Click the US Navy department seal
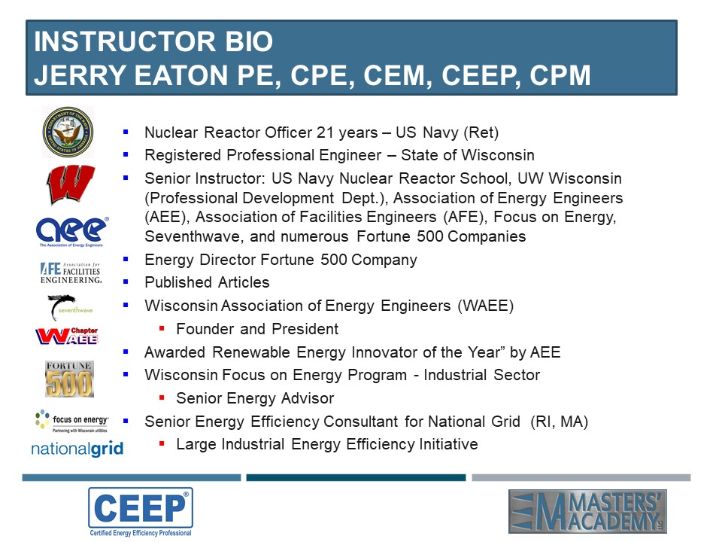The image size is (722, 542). tap(68, 132)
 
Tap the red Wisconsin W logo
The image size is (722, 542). tap(71, 184)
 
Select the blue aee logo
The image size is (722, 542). tap(72, 232)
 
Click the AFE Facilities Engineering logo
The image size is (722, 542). tap(71, 273)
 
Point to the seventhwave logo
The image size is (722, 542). tap(70, 307)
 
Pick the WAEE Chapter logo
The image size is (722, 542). tap(67, 336)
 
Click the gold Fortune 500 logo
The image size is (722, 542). tap(69, 379)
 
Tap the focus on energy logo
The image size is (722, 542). tap(72, 421)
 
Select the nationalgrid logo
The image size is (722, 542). tap(77, 449)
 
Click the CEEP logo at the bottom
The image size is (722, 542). tap(141, 512)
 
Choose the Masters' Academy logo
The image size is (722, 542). tap(587, 512)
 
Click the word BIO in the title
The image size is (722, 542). tap(249, 41)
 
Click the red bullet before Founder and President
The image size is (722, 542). tap(162, 329)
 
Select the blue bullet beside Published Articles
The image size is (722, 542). tap(126, 282)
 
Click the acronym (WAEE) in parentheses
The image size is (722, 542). tap(485, 306)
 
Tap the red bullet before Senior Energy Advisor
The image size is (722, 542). tap(162, 397)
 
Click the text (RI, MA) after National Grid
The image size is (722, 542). tap(559, 422)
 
